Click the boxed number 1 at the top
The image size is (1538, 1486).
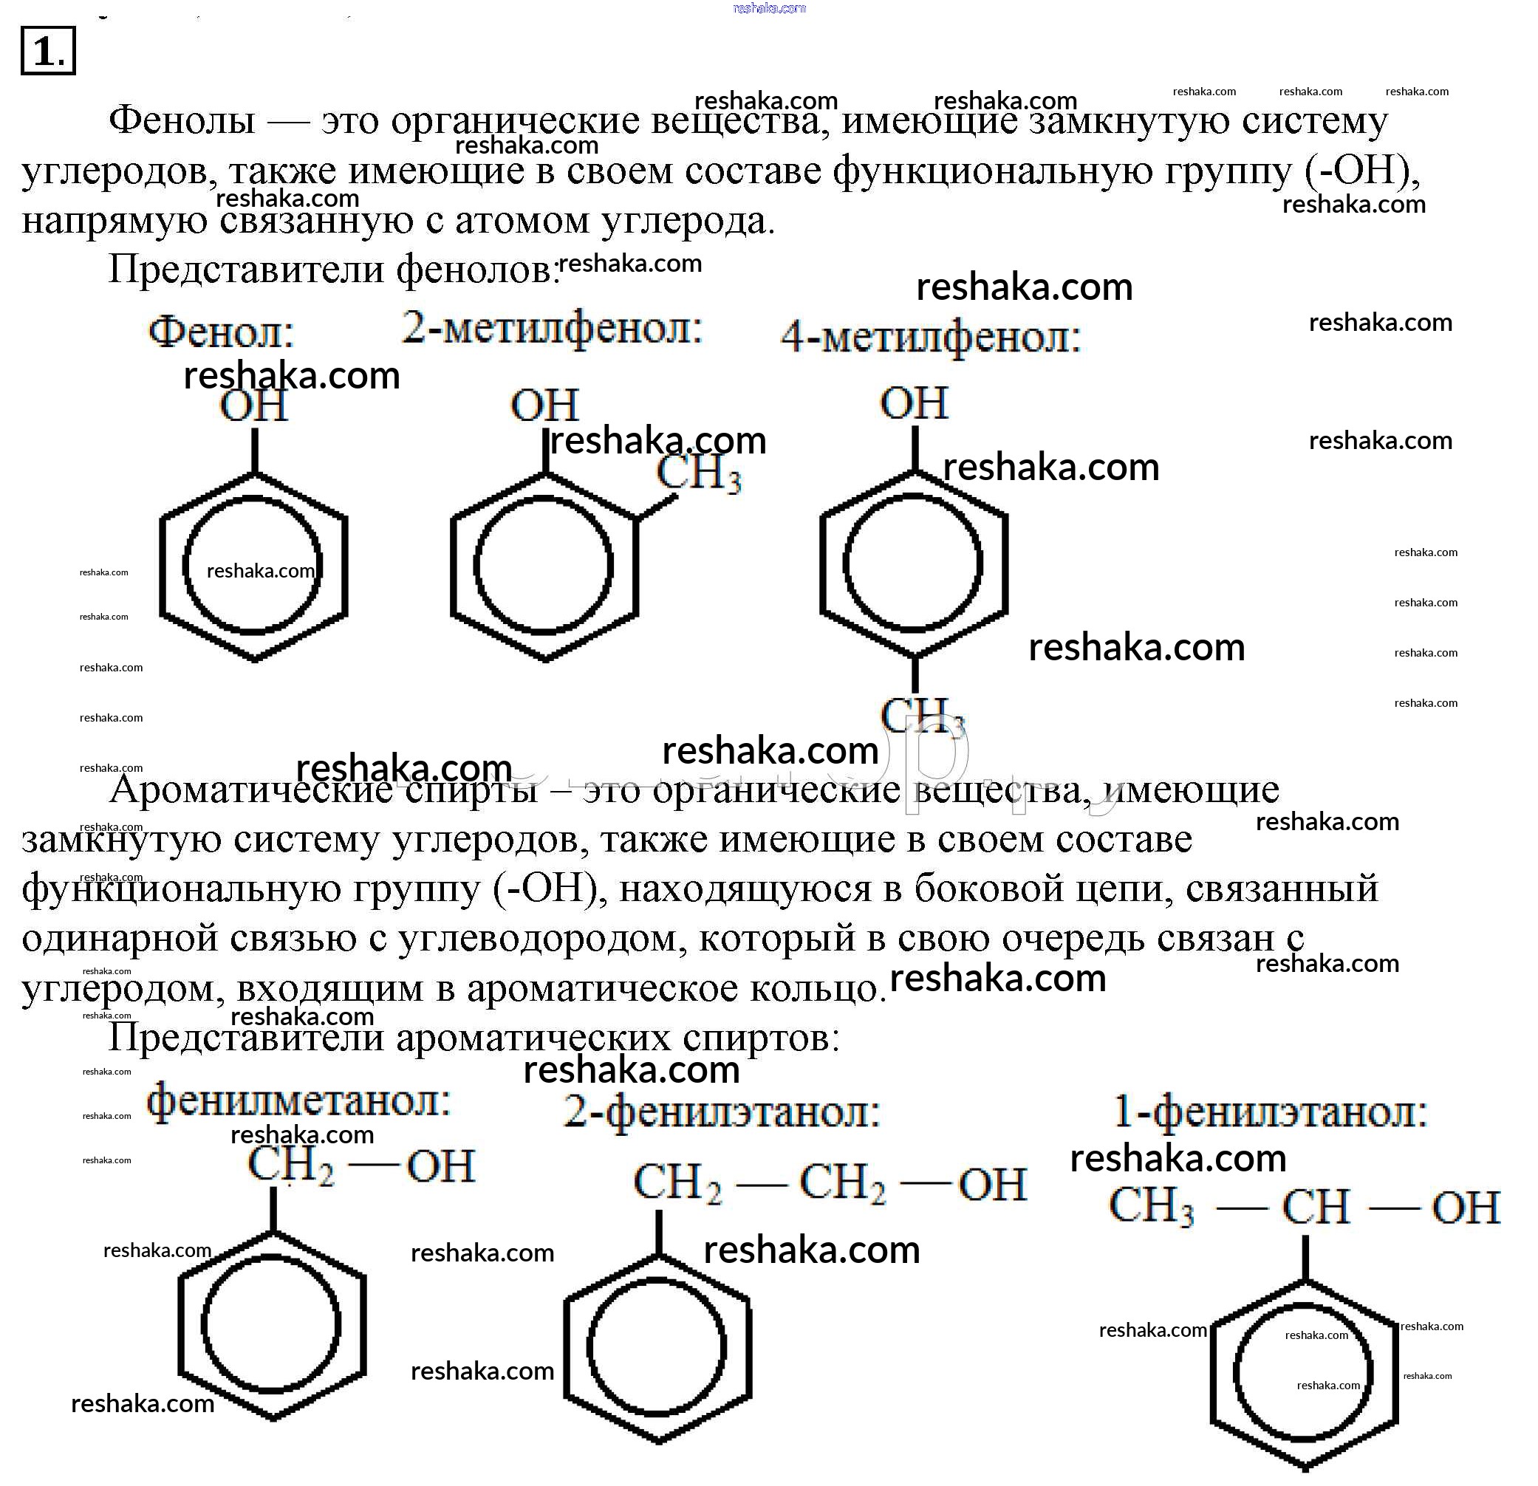pos(48,51)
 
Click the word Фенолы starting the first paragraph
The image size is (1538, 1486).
pos(182,121)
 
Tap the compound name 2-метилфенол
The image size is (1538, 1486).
pos(552,329)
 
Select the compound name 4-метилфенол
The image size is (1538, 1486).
pos(931,339)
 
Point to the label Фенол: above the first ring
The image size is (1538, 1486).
pos(222,332)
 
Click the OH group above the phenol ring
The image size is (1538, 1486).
pos(253,406)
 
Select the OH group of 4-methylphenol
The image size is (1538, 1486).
pos(915,403)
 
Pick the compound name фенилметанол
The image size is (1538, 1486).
pos(299,1100)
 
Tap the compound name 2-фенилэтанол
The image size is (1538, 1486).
pos(722,1112)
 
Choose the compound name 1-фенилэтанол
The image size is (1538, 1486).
pos(1271,1112)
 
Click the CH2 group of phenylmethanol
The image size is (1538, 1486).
pos(290,1165)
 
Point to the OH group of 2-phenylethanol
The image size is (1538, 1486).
pos(992,1184)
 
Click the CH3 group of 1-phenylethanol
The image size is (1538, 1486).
pos(1151,1206)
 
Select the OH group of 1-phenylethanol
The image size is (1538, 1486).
pos(1465,1208)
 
